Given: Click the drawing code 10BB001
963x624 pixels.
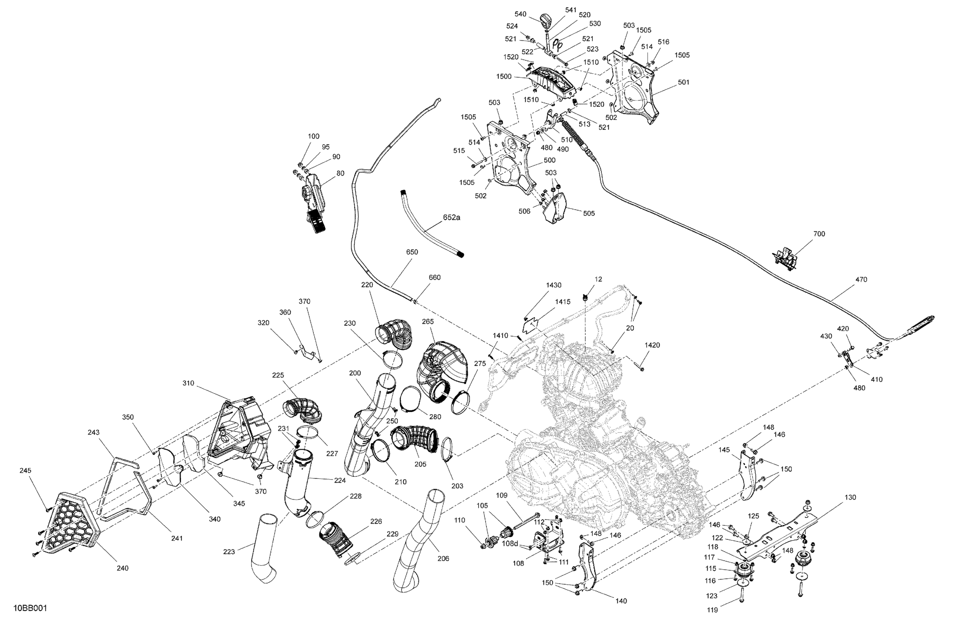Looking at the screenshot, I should [x=30, y=608].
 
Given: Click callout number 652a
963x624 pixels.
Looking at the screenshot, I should [x=451, y=217].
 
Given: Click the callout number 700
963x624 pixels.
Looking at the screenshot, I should [x=819, y=234].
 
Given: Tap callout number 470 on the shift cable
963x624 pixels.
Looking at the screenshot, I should [x=861, y=279].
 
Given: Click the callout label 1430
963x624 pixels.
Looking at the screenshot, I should [x=553, y=285].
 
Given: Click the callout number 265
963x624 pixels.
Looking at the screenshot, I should [x=428, y=322].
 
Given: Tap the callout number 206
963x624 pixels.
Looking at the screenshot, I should [x=443, y=559].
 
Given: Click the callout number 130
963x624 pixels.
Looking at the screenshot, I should [x=850, y=497].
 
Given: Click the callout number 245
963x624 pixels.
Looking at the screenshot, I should [x=25, y=470].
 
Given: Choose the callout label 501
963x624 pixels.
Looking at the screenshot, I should [x=684, y=83].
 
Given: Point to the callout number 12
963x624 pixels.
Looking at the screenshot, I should [x=598, y=279].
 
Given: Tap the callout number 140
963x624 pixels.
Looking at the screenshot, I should [x=621, y=601].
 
